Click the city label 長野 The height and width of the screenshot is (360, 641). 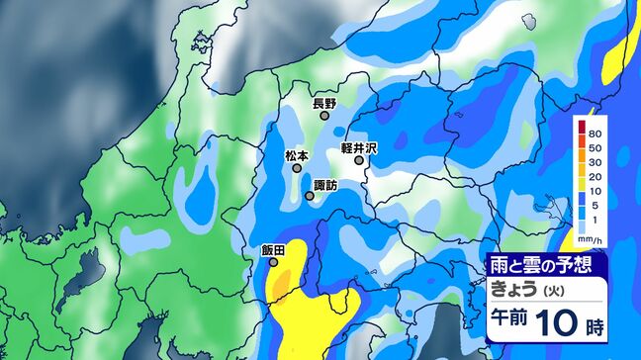[x=324, y=103]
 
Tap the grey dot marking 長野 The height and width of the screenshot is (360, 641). [x=324, y=116]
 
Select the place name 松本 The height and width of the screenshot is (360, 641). [x=297, y=156]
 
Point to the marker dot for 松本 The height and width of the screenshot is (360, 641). [x=297, y=169]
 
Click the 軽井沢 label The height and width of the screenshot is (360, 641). [x=360, y=147]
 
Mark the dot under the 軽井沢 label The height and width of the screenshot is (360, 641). [x=359, y=160]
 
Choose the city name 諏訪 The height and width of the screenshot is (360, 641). [x=324, y=185]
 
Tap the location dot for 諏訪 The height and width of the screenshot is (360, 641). [x=310, y=196]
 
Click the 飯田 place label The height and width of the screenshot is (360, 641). [x=274, y=250]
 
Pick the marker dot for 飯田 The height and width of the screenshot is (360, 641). [x=274, y=263]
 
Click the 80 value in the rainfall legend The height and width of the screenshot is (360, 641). [x=595, y=133]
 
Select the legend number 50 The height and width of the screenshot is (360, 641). [x=595, y=146]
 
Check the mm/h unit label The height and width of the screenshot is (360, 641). [x=592, y=239]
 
